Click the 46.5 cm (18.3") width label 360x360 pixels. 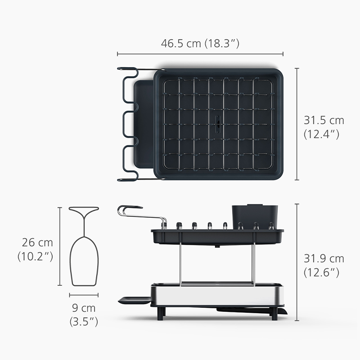pyautogui.click(x=200, y=43)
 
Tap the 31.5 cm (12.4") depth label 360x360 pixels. pyautogui.click(x=324, y=127)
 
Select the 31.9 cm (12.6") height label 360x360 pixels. pyautogui.click(x=324, y=265)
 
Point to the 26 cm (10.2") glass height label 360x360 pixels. pyautogui.click(x=36, y=249)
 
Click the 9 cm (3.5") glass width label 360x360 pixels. pyautogui.click(x=84, y=315)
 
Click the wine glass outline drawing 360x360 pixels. pyautogui.click(x=84, y=246)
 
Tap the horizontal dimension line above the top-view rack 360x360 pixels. pyautogui.click(x=200, y=54)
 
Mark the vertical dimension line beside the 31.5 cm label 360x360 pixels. pyautogui.click(x=297, y=124)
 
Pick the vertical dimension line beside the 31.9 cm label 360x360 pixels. pyautogui.click(x=297, y=262)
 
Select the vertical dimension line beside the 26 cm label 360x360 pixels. pyautogui.click(x=60, y=246)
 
